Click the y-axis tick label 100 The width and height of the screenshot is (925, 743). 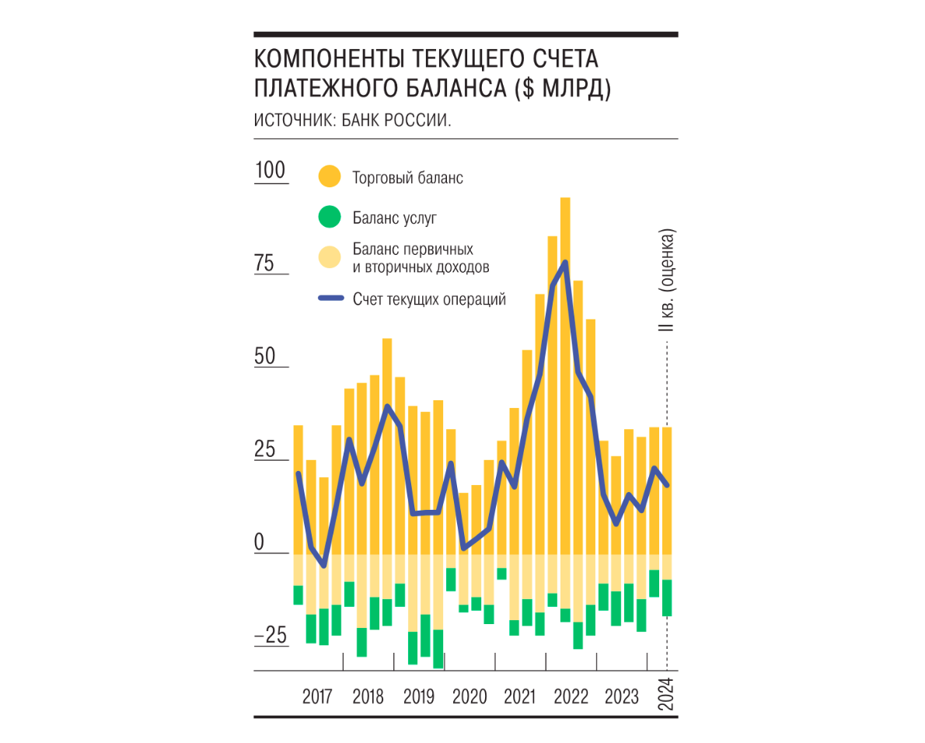click(x=271, y=170)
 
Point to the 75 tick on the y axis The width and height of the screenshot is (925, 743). click(x=264, y=263)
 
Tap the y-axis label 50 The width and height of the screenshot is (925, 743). click(x=265, y=356)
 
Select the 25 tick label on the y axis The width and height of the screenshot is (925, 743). click(x=265, y=449)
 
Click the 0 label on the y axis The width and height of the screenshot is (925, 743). click(x=259, y=542)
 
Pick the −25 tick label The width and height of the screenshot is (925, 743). click(x=271, y=635)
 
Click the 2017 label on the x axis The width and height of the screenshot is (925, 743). click(x=317, y=696)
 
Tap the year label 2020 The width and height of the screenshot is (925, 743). click(x=469, y=696)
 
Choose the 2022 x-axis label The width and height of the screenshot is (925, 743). click(x=571, y=696)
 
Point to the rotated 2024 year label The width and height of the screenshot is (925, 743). click(x=665, y=694)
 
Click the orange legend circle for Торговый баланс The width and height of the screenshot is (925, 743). click(x=329, y=176)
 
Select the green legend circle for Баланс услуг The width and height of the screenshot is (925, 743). click(x=329, y=217)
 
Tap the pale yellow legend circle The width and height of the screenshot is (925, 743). click(x=329, y=257)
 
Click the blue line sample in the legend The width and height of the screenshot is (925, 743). click(x=331, y=298)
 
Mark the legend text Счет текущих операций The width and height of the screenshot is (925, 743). click(x=429, y=299)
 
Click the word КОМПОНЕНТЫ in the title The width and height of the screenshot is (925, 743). click(x=328, y=59)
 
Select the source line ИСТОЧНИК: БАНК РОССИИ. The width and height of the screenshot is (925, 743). click(x=352, y=120)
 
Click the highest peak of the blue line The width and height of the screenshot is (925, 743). click(x=565, y=262)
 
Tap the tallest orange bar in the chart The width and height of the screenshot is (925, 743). click(x=565, y=375)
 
